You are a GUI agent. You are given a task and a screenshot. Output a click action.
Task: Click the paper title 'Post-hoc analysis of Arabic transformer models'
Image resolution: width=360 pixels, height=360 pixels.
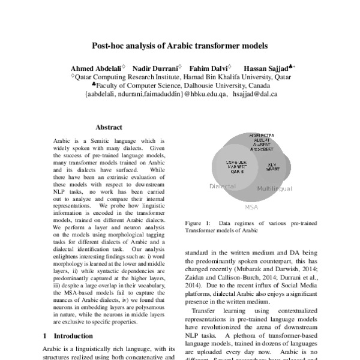(179, 45)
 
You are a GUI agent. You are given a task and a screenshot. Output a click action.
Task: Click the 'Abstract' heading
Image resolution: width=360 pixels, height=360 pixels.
(109, 127)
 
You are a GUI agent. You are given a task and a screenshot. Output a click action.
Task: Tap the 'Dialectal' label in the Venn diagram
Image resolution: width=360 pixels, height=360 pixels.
(222, 187)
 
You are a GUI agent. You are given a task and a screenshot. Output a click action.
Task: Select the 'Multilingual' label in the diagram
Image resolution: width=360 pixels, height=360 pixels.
(274, 188)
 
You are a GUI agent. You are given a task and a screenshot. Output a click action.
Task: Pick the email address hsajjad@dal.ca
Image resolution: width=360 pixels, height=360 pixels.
(255, 94)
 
